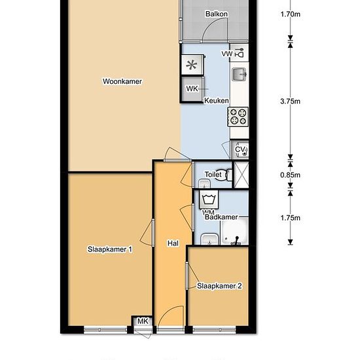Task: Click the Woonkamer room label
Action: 122,81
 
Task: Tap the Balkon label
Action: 217,14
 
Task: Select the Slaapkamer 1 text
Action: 110,249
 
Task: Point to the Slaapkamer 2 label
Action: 219,286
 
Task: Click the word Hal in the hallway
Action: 173,243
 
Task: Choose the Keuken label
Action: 217,101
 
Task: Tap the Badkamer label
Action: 221,217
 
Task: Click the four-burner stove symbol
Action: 238,117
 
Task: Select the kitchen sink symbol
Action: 239,75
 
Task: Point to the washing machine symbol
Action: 209,199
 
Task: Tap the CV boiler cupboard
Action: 240,149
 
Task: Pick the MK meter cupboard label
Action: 143,321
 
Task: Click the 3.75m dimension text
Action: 290,101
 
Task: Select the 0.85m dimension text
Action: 290,175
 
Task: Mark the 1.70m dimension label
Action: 290,14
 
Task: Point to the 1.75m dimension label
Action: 290,218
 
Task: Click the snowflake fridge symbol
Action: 192,65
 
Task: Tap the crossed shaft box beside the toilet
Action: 241,175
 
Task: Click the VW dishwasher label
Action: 227,54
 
